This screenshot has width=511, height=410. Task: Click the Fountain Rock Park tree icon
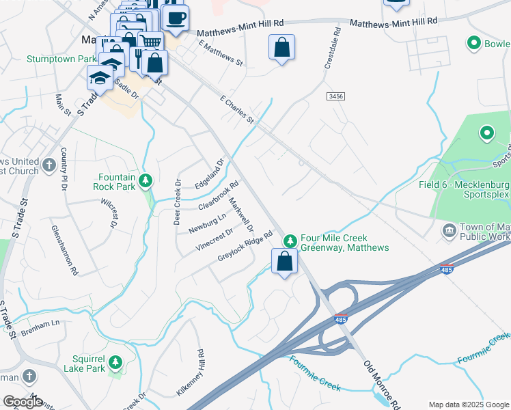coord(145,181)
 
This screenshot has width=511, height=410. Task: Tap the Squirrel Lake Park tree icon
coord(115,360)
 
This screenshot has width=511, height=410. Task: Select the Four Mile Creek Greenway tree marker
coord(290,241)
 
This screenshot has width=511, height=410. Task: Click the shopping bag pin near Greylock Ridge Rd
coord(284,261)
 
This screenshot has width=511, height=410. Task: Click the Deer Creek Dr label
coord(176,202)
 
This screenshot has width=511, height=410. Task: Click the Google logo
coord(23,402)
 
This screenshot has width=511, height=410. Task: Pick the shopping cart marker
coord(152,42)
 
